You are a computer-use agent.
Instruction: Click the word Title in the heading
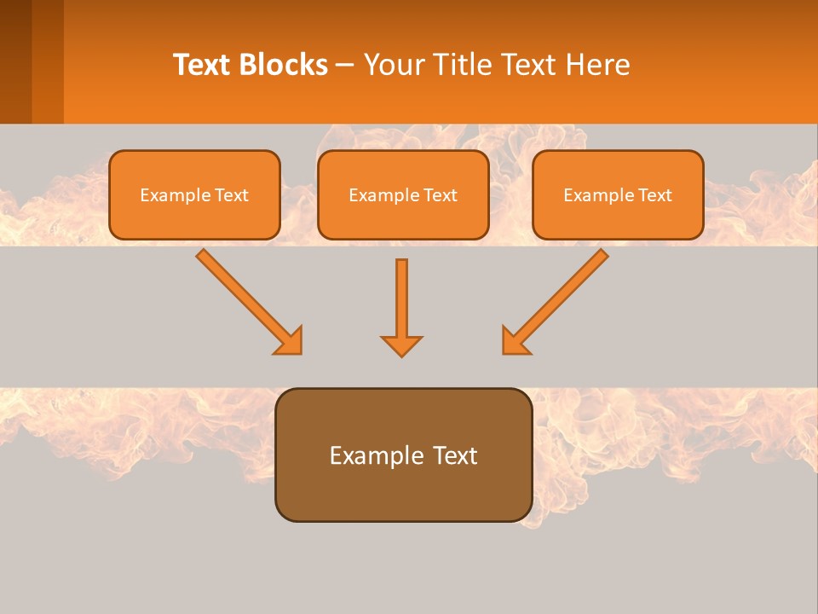coord(460,65)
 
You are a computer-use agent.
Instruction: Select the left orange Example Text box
coord(194,194)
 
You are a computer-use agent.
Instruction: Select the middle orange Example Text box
coord(403,194)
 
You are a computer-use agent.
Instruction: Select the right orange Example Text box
coord(618,194)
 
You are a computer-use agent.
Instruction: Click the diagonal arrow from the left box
coord(243,295)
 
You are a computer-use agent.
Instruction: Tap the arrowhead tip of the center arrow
coord(401,353)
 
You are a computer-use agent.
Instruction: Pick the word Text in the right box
coord(655,195)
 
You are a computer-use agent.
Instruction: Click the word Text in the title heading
coord(204,65)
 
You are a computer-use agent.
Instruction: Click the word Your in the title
coord(395,65)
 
